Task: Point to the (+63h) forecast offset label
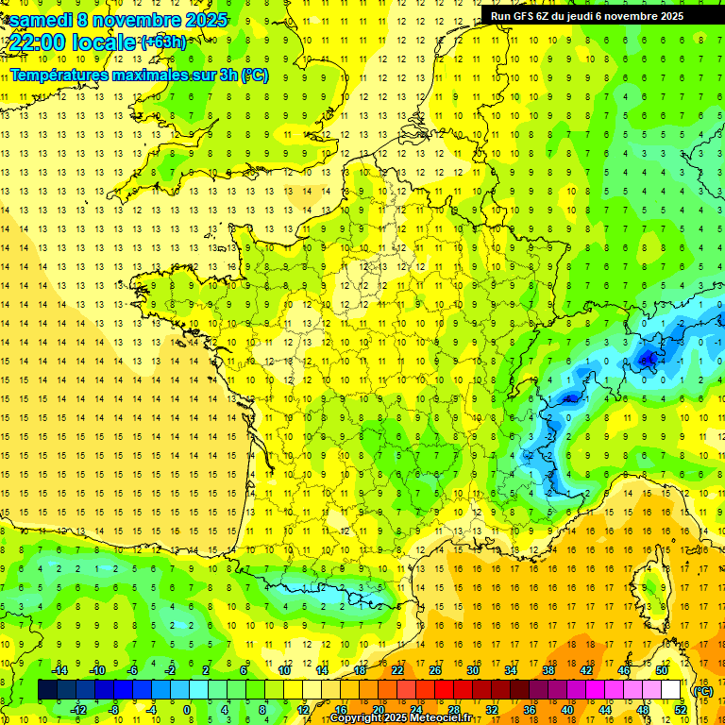163,42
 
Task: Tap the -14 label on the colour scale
59,669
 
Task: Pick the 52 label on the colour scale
682,709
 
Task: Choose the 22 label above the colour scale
397,669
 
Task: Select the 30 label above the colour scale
472,669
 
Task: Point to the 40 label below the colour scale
567,709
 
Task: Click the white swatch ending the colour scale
671,690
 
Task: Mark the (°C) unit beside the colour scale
702,690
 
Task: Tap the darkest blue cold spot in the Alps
648,358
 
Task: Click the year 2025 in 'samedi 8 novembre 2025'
202,20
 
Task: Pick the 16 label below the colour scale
341,709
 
